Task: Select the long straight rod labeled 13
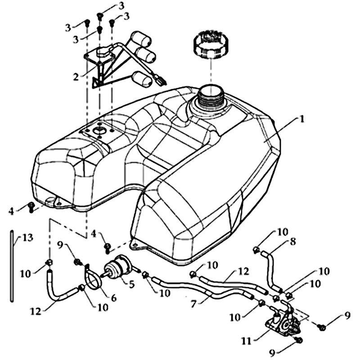pos(11,268)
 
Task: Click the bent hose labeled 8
pos(271,268)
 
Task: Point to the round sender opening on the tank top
pos(98,131)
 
